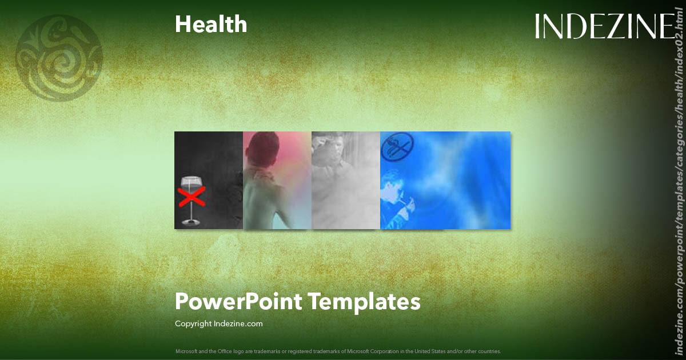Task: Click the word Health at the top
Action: [211, 24]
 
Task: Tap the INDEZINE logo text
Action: [605, 26]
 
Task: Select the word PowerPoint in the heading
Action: [238, 301]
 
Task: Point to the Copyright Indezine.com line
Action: [218, 323]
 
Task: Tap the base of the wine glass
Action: [191, 222]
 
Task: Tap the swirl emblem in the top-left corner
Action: [59, 58]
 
